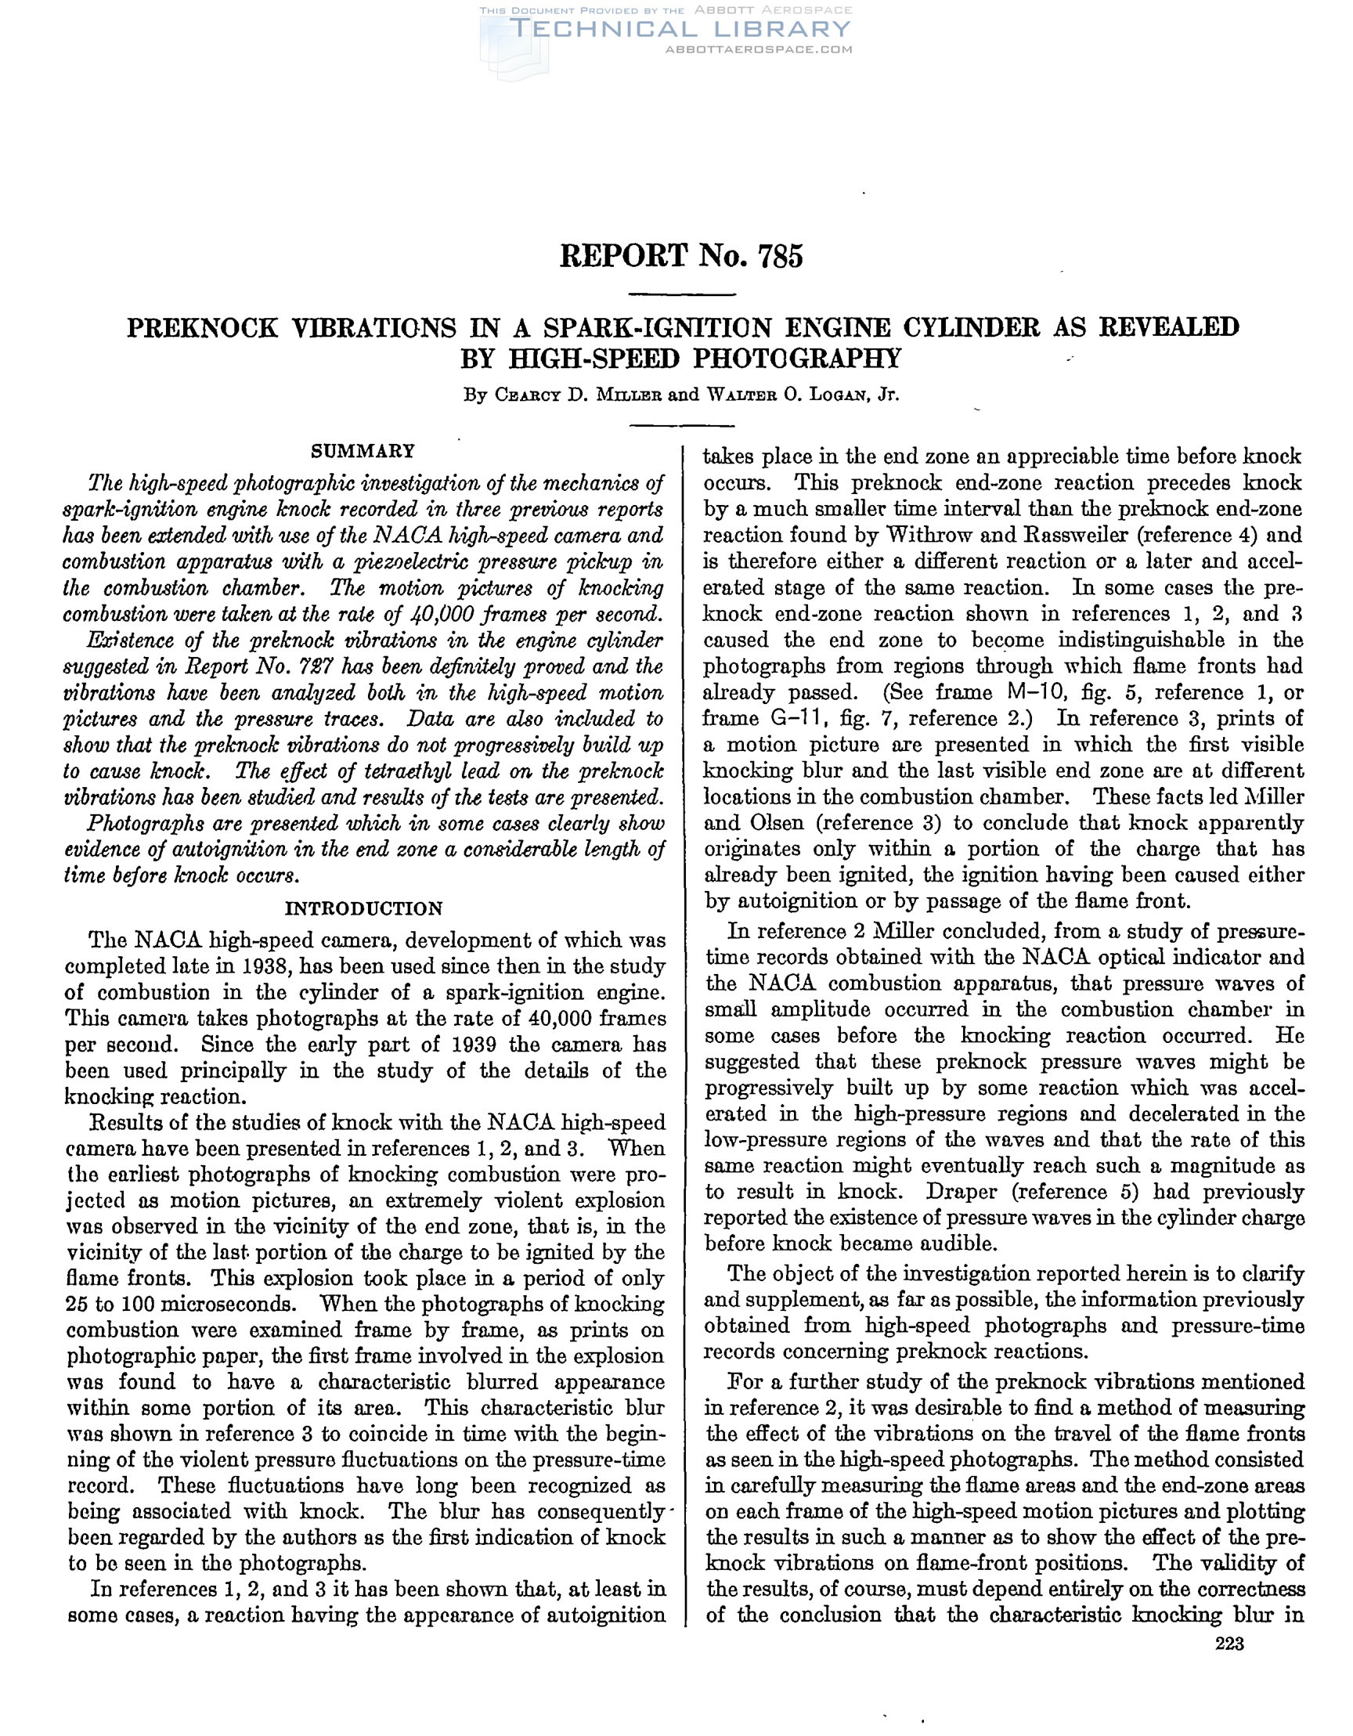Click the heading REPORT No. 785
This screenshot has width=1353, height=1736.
click(681, 256)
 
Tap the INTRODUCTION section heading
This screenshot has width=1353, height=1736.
click(363, 908)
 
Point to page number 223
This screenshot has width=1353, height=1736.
click(1229, 1644)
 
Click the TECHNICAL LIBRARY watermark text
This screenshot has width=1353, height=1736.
click(680, 30)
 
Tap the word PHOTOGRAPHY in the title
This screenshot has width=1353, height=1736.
click(797, 359)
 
